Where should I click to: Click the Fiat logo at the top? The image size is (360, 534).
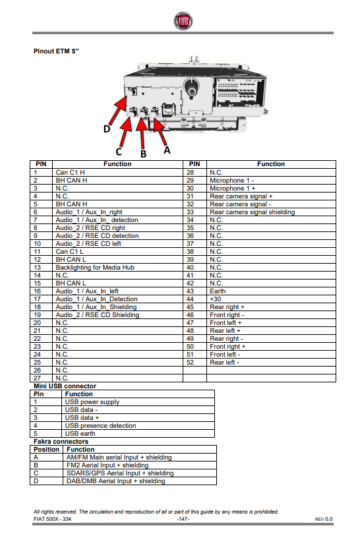pyautogui.click(x=183, y=21)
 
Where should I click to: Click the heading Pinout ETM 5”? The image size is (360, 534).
pyautogui.click(x=56, y=51)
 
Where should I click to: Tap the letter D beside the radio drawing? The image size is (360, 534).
pyautogui.click(x=107, y=129)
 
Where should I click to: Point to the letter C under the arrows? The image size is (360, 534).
pyautogui.click(x=119, y=152)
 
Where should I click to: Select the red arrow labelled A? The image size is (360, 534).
pyautogui.click(x=160, y=131)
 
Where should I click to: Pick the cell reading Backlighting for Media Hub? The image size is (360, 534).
pyautogui.click(x=95, y=268)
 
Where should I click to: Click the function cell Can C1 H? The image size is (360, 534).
pyautogui.click(x=70, y=172)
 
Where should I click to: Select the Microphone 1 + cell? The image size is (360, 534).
pyautogui.click(x=233, y=189)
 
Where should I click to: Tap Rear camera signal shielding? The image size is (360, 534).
pyautogui.click(x=253, y=212)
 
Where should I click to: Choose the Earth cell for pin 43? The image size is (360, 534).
pyautogui.click(x=218, y=291)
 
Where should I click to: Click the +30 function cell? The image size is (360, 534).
pyautogui.click(x=215, y=299)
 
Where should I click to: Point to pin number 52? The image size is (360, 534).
pyautogui.click(x=190, y=363)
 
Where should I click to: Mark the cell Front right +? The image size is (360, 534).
pyautogui.click(x=227, y=346)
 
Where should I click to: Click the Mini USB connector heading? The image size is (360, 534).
pyautogui.click(x=65, y=386)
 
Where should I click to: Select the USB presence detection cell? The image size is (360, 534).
pyautogui.click(x=100, y=426)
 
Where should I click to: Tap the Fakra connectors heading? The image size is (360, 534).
pyautogui.click(x=61, y=441)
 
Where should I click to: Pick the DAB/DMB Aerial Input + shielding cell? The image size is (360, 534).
pyautogui.click(x=116, y=481)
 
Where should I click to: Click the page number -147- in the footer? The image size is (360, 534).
pyautogui.click(x=183, y=519)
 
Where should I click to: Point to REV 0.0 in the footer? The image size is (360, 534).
pyautogui.click(x=324, y=519)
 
